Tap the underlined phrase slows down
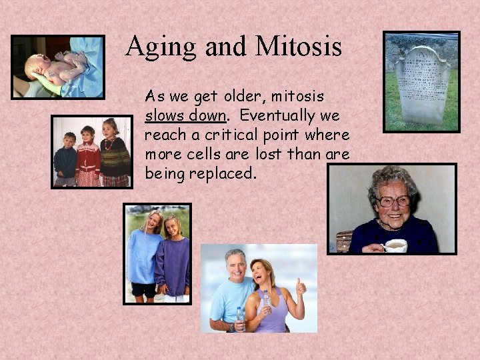[185, 115]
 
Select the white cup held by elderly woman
[396, 245]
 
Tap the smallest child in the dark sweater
[65, 160]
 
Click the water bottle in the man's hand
[239, 313]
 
